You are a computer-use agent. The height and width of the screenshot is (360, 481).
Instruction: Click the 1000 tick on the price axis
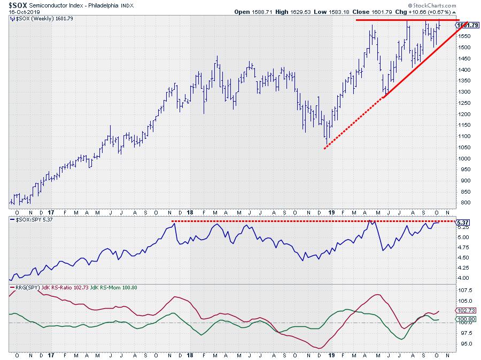[464, 158]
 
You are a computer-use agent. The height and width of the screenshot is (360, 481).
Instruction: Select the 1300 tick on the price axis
[464, 92]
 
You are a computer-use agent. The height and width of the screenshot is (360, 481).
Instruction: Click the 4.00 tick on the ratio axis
[463, 278]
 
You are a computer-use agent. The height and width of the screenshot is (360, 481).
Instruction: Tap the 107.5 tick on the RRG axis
[464, 290]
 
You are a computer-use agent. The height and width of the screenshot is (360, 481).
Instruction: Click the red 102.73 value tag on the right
[464, 311]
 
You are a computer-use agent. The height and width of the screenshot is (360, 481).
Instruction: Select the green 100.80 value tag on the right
[464, 319]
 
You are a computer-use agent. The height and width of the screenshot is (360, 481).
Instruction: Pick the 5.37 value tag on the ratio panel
[463, 222]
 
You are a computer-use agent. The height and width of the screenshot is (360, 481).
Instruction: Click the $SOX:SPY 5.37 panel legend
[34, 219]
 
